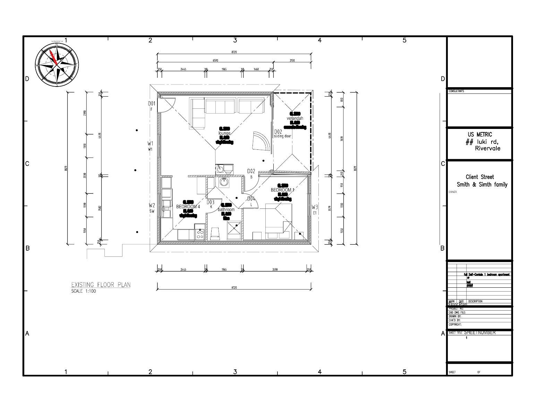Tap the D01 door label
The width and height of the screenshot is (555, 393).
point(151,104)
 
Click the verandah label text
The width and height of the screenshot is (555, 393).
point(295,118)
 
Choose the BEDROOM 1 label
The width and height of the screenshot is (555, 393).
point(282,190)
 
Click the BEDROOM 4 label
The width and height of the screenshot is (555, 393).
point(188,207)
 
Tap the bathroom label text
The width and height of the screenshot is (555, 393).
point(226,210)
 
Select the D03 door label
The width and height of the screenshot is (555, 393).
point(211,202)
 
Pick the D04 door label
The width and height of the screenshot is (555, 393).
point(251,199)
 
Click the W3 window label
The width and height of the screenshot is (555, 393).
point(314,207)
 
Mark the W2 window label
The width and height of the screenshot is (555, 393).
point(152,205)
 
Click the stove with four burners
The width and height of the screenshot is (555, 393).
point(200,234)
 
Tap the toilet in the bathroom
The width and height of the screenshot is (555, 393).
point(216,233)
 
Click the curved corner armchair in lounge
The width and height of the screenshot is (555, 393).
point(261,141)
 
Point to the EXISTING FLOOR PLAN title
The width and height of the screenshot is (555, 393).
point(101,285)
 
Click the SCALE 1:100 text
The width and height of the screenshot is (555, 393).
point(83,291)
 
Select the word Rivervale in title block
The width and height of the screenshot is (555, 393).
point(487,148)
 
